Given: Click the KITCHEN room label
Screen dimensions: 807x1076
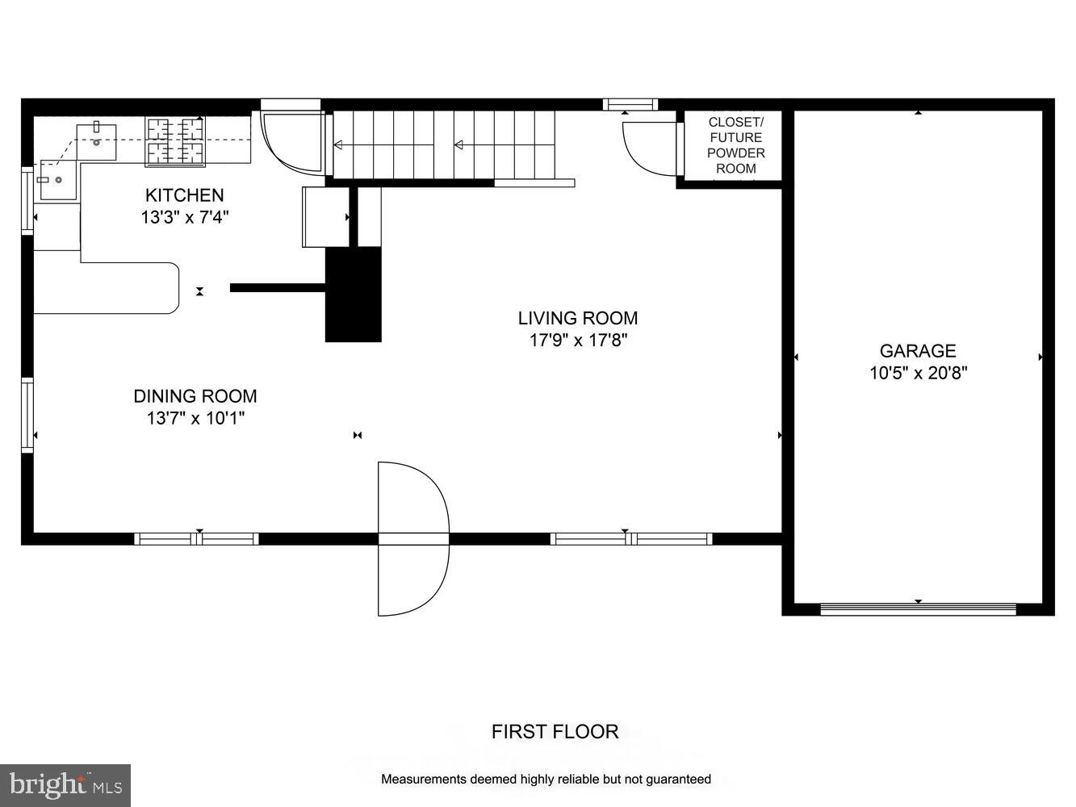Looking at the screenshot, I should coord(184,195).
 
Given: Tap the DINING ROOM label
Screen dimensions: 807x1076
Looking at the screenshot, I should coord(195,396).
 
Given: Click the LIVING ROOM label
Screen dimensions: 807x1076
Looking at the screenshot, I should coord(577,318).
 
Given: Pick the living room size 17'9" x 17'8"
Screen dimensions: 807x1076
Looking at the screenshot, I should coord(578,340).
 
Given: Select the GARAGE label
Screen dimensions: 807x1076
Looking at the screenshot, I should coord(918,351).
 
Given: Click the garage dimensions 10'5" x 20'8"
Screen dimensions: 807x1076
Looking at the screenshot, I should coord(918,373).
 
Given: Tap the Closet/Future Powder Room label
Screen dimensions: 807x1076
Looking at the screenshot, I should coord(735,145).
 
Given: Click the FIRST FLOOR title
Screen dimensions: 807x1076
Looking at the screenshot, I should coord(555,732).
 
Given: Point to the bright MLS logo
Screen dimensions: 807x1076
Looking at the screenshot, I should coord(65,784).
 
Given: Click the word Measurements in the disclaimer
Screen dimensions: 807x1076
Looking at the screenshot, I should coord(423,780).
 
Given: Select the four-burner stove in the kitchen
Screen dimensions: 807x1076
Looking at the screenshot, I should coord(174,142).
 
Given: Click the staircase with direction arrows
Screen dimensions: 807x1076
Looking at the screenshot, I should coord(444,145).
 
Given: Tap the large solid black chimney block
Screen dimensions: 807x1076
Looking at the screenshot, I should coord(353,295).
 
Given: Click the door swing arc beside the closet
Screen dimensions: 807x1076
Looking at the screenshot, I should coord(646,148).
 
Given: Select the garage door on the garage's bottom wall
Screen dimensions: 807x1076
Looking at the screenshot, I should coord(918,609).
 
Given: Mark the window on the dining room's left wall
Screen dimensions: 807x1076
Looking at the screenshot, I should coord(27,414).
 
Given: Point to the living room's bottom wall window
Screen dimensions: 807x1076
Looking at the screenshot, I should coord(630,539).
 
